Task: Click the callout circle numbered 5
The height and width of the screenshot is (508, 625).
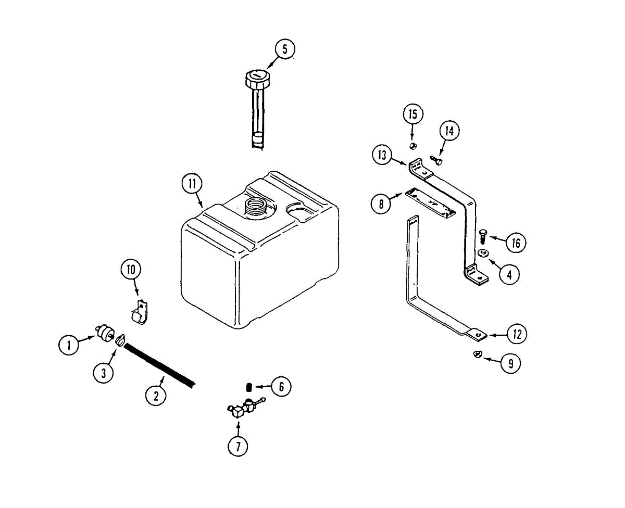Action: pyautogui.click(x=285, y=49)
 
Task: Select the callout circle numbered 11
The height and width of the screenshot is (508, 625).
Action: pyautogui.click(x=192, y=184)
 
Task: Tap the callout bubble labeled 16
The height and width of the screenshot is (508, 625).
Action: pyautogui.click(x=516, y=242)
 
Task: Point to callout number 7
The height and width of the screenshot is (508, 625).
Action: pyautogui.click(x=238, y=446)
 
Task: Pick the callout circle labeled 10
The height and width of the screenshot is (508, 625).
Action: pyautogui.click(x=131, y=270)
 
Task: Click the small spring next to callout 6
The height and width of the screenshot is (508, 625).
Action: pyautogui.click(x=249, y=387)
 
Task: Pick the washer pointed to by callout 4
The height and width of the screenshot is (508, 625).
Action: pyautogui.click(x=483, y=253)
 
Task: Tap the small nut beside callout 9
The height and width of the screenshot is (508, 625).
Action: pyautogui.click(x=477, y=355)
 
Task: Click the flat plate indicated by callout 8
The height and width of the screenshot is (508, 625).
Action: pyautogui.click(x=430, y=201)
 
